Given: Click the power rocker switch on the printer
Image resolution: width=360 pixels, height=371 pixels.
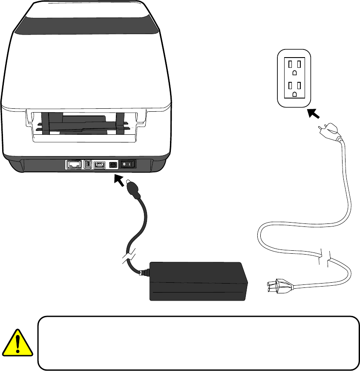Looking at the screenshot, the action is pos(127,164).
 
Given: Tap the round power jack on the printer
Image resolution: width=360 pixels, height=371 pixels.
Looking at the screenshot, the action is pos(113,164).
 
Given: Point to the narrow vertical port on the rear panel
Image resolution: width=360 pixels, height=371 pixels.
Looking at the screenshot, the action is pos(87,164).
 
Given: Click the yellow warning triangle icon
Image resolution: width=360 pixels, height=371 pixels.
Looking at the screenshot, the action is pos(17,343).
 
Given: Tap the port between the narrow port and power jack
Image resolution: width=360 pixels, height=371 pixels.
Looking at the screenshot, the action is pos(101,164).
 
